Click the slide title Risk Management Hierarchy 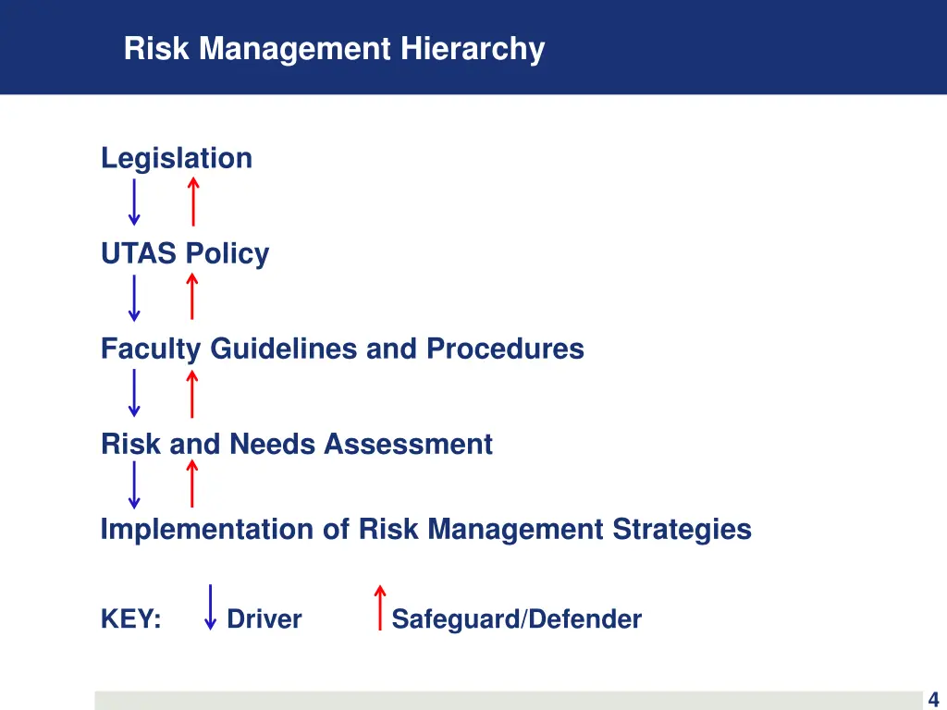[x=334, y=48]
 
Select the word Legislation [x=176, y=158]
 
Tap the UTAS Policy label [x=185, y=253]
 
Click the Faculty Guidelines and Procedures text [x=342, y=349]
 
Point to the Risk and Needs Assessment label [x=296, y=444]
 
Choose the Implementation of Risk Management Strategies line [x=425, y=529]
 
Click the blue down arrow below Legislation [x=134, y=202]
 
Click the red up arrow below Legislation [x=192, y=202]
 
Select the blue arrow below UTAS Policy [x=134, y=298]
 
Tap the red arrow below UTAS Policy [x=192, y=298]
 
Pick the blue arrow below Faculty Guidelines [x=134, y=393]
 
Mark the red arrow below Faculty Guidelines [x=192, y=393]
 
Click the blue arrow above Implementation [x=134, y=485]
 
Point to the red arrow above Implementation [x=192, y=485]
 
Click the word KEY [x=130, y=618]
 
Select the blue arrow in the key [x=211, y=607]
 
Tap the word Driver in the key [x=264, y=618]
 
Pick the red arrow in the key [x=379, y=607]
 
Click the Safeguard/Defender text [x=516, y=618]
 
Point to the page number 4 [x=933, y=700]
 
